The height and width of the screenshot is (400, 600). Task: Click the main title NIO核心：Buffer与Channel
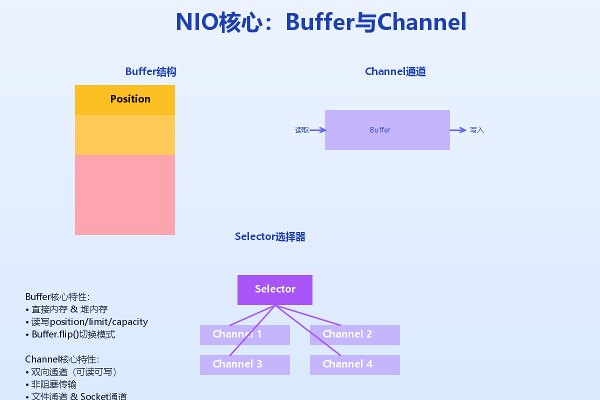click(x=321, y=22)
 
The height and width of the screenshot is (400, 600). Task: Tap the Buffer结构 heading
click(x=150, y=71)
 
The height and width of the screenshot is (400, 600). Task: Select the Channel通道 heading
click(x=395, y=71)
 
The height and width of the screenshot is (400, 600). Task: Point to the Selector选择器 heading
click(x=270, y=236)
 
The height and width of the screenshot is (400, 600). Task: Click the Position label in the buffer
click(x=130, y=99)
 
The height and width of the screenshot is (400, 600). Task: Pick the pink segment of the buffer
click(x=125, y=194)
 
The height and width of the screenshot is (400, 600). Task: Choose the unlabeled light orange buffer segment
click(x=125, y=135)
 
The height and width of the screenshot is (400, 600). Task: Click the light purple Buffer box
click(x=387, y=130)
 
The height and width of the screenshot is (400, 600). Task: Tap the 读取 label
click(x=301, y=130)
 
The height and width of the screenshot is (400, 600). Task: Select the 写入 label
click(x=477, y=130)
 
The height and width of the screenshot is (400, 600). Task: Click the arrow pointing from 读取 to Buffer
click(x=318, y=130)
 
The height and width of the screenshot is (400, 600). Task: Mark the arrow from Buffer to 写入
click(x=458, y=130)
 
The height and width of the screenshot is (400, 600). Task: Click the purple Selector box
click(x=275, y=289)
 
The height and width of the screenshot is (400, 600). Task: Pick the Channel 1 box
click(x=245, y=334)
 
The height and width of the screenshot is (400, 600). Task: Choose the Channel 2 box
click(x=355, y=334)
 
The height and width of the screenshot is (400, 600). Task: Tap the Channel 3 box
click(x=245, y=364)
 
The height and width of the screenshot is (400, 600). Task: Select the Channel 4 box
click(x=355, y=364)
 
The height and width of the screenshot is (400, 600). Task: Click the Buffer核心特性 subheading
click(x=57, y=297)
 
